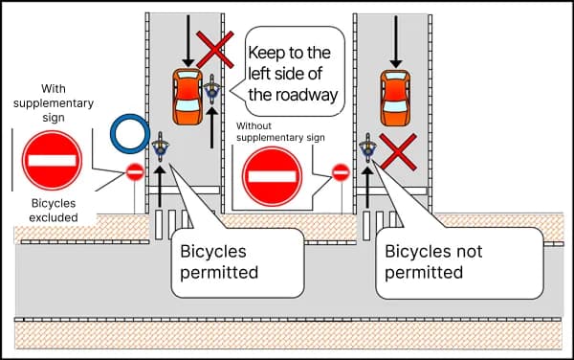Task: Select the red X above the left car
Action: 215,48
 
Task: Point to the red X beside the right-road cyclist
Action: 396,151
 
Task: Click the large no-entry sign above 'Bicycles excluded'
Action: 53,159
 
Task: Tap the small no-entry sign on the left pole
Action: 135,172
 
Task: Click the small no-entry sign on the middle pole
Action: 340,172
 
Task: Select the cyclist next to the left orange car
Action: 212,92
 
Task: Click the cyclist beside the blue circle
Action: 160,148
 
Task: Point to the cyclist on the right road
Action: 367,148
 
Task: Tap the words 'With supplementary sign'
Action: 54,101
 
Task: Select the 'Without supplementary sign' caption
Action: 278,131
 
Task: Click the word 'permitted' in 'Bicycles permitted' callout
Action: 220,272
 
